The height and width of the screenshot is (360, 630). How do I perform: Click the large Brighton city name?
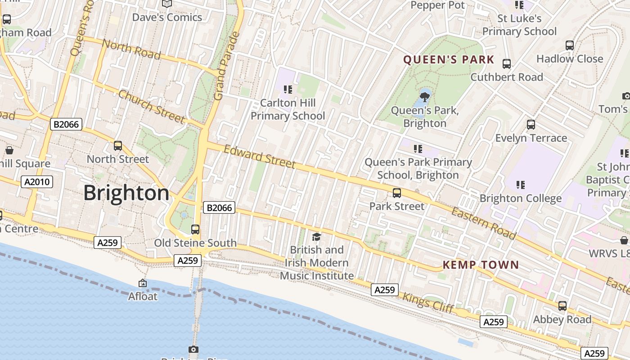point(126,193)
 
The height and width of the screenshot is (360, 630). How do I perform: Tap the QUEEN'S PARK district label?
point(449,60)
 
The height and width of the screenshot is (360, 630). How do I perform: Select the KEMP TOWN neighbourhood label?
point(481,265)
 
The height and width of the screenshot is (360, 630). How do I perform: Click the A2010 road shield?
point(37,182)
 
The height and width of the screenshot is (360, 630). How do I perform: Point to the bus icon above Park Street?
point(397,193)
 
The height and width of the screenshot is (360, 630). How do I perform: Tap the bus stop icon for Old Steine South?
point(195,229)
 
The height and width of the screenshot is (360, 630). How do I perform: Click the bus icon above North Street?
point(118,146)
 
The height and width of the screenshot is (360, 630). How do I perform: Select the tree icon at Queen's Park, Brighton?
point(424,96)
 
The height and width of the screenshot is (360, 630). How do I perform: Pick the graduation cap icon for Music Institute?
point(317,237)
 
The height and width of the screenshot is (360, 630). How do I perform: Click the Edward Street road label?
point(260,157)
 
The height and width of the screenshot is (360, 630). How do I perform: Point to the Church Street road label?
point(152,106)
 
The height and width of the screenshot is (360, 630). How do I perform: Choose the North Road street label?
point(131,49)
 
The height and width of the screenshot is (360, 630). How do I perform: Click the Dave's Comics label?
point(167,18)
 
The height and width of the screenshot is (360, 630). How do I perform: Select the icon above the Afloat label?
point(143,283)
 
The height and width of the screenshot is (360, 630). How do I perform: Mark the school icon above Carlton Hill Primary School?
point(288,90)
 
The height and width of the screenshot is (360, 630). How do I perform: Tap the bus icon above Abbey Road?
point(562,306)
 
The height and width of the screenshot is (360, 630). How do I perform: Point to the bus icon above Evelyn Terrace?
point(531,125)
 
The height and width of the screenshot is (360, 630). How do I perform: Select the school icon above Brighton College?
point(521,184)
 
